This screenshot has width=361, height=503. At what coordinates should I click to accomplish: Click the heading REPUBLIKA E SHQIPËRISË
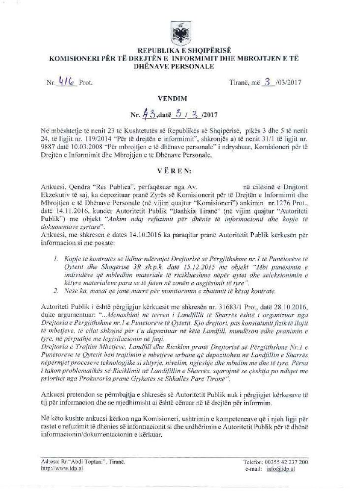(x=180, y=51)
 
